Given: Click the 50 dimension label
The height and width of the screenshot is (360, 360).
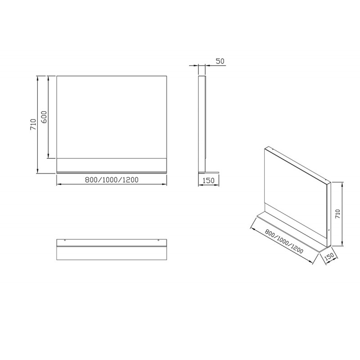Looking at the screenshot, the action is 220,61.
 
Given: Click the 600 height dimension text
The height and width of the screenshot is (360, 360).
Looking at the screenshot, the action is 44,117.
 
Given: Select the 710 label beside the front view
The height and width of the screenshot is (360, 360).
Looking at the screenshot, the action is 33,125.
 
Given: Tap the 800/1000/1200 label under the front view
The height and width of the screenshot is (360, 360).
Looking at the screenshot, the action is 112,180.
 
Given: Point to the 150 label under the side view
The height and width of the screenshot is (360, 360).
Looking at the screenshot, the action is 208,180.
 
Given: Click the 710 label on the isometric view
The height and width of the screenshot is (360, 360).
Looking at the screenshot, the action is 337,214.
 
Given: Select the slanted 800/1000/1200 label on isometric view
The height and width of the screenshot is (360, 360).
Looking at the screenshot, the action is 284,241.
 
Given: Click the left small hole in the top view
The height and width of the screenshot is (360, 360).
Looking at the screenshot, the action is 65,240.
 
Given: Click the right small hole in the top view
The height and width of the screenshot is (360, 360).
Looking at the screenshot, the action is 158,240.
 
